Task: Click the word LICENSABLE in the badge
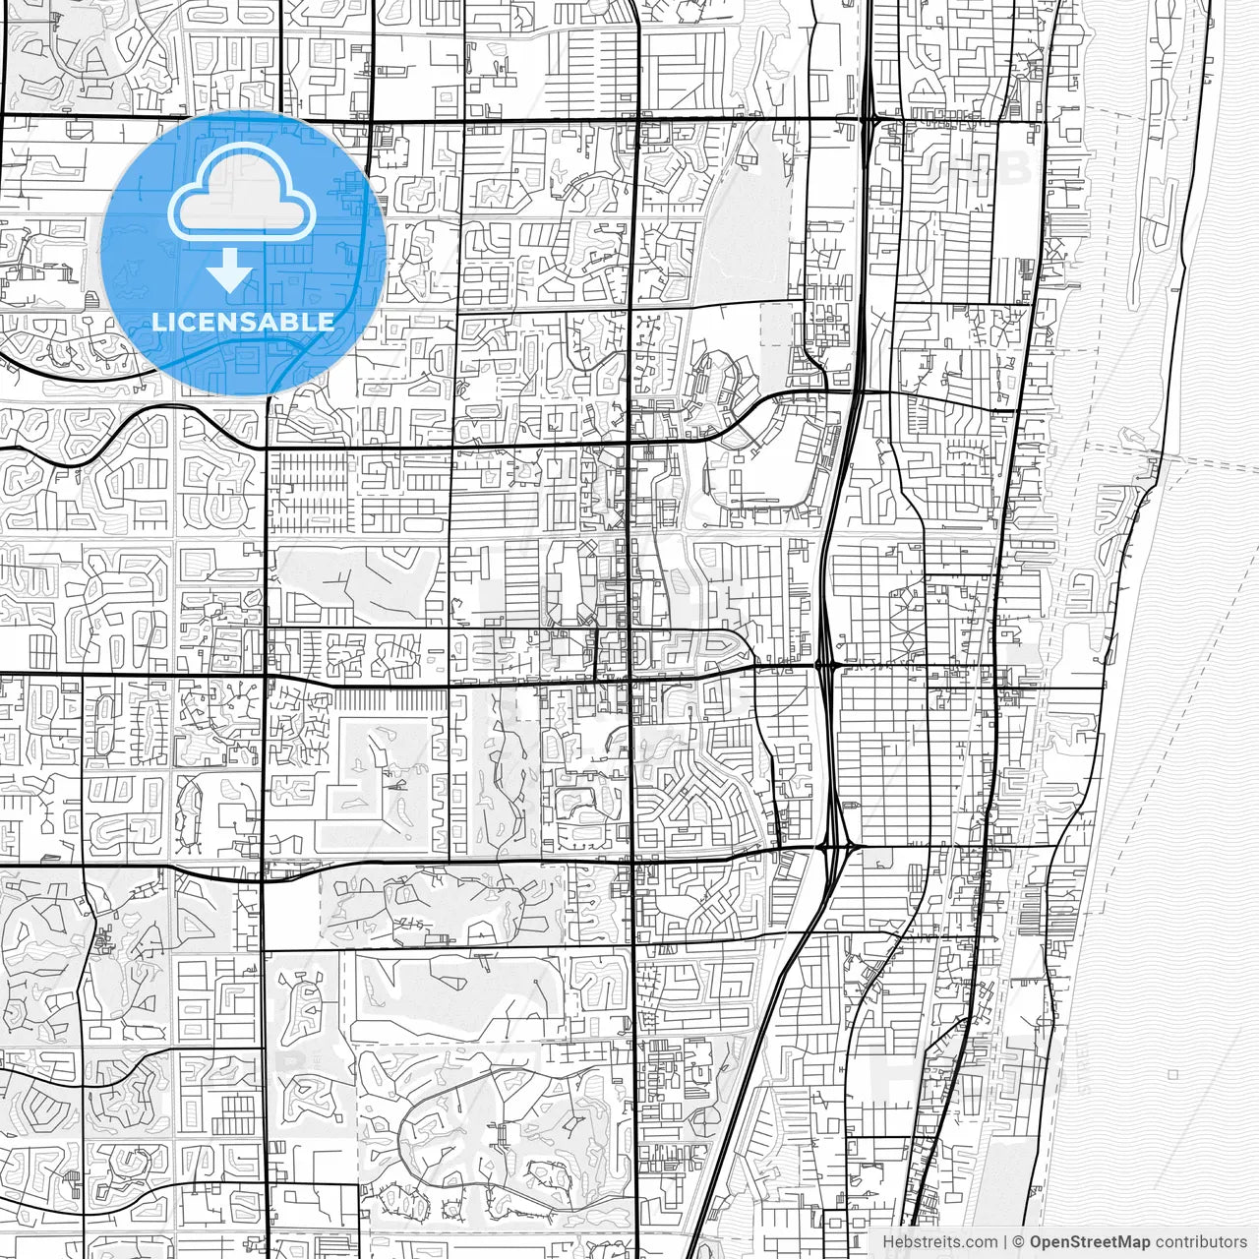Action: pos(243,322)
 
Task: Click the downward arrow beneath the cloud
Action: pos(230,270)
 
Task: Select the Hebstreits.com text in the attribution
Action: pos(939,1242)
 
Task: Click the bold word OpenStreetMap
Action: pos(1090,1242)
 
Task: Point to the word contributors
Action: pos(1201,1242)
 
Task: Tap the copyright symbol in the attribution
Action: pos(1019,1242)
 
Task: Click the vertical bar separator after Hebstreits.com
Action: pos(1004,1242)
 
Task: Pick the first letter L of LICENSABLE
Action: pos(157,322)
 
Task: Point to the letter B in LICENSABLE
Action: pos(292,322)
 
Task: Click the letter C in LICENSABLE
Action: pos(187,322)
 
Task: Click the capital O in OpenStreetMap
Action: pos(1037,1242)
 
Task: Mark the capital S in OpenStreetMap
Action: pos(1075,1242)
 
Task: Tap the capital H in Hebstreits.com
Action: pos(888,1242)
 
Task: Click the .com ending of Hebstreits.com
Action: pos(981,1242)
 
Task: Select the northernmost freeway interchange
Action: pos(871,120)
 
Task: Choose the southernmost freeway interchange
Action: pos(836,846)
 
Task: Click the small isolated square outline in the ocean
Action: pos(1173,1075)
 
